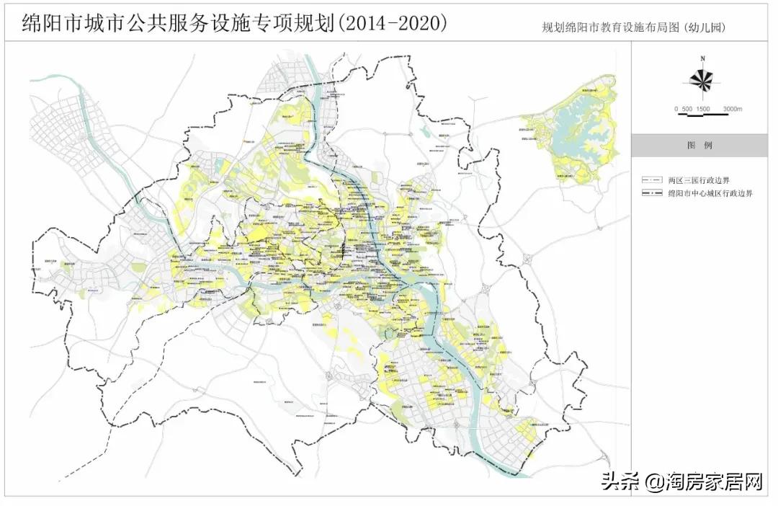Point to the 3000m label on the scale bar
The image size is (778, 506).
click(x=732, y=109)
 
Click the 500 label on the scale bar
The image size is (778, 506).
click(x=687, y=109)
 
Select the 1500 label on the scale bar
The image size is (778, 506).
click(x=703, y=109)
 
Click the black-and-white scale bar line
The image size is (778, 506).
click(x=702, y=102)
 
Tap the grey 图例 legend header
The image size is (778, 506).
click(x=699, y=145)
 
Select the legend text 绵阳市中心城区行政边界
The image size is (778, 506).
click(x=710, y=193)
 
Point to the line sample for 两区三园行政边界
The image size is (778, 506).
click(x=653, y=180)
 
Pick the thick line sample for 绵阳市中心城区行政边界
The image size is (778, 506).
click(x=653, y=193)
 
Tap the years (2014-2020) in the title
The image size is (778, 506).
click(x=392, y=23)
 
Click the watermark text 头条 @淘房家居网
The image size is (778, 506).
click(x=681, y=481)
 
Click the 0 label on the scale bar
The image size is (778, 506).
click(x=676, y=109)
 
